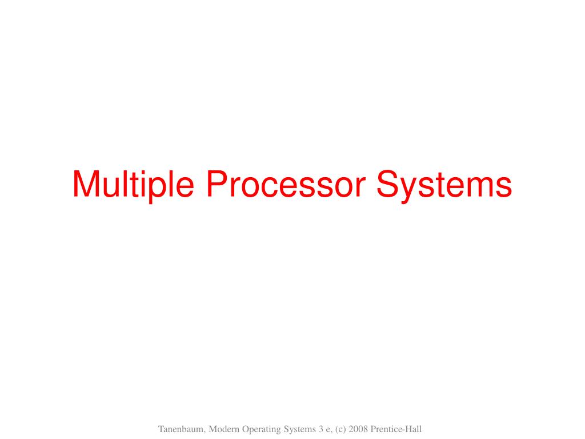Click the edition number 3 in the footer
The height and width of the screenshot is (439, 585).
coord(321,429)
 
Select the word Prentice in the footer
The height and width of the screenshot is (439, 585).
coord(386,429)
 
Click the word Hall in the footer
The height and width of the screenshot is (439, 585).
coord(413,429)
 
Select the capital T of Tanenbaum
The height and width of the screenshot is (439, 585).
coord(161,429)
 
